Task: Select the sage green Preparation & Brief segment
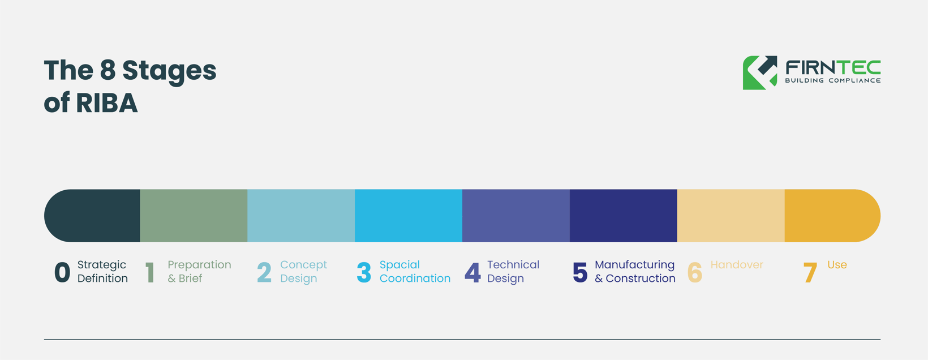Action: click(194, 216)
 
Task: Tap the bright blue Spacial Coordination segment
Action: click(409, 216)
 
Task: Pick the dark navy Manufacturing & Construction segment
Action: click(623, 216)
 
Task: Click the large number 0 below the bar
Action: click(62, 272)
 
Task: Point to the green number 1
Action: click(150, 272)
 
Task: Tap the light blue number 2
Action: click(264, 272)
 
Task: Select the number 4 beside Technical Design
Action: click(472, 272)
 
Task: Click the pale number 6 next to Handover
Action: click(694, 272)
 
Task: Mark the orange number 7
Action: click(810, 272)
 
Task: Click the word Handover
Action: click(737, 265)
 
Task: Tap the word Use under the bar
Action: click(837, 265)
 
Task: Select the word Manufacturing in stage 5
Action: click(634, 265)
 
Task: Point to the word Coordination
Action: click(415, 278)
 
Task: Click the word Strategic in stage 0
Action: click(102, 265)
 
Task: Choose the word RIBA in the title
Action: click(106, 103)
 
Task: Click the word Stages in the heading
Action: click(169, 71)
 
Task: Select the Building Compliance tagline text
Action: click(832, 80)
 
